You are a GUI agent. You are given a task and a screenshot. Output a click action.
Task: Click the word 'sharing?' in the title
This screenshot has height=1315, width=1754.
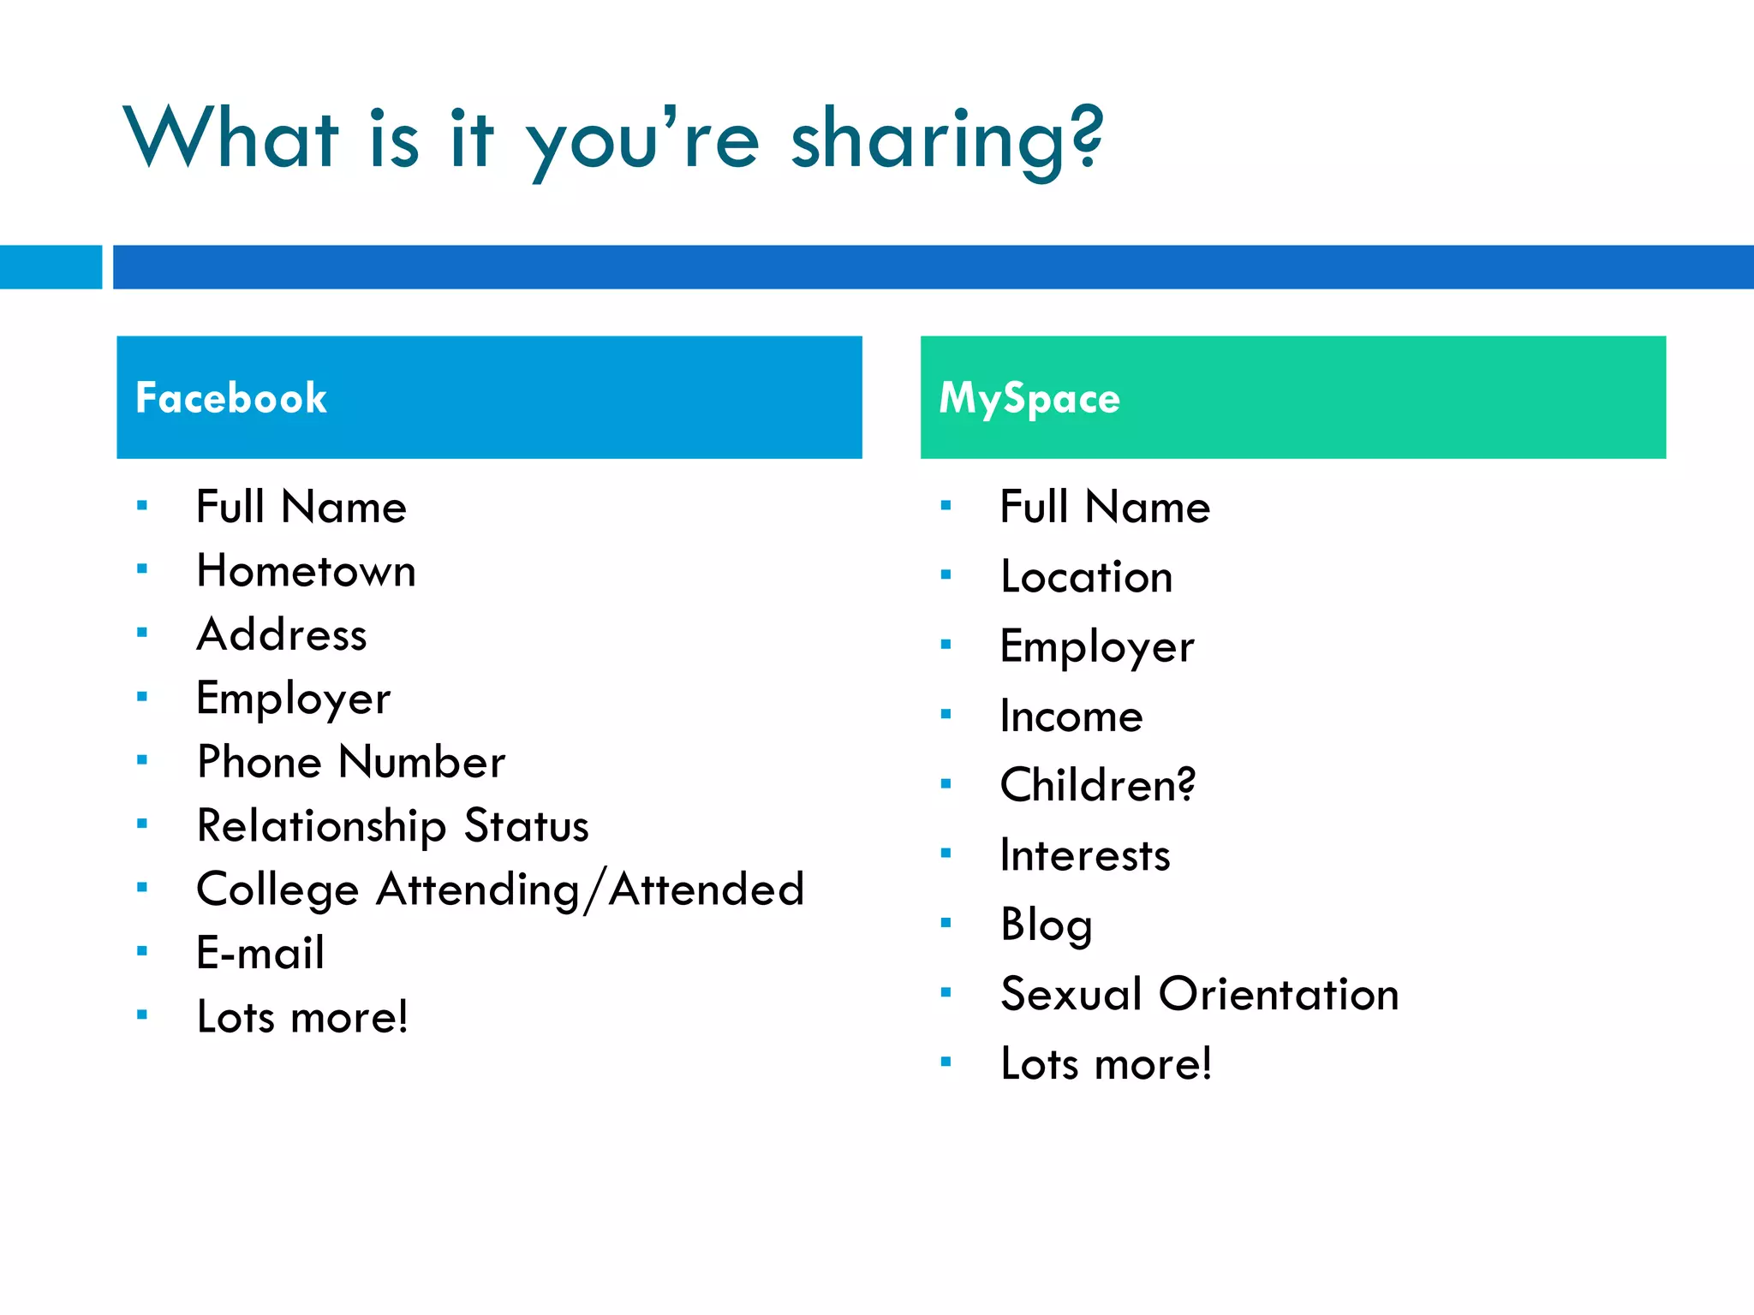point(946,141)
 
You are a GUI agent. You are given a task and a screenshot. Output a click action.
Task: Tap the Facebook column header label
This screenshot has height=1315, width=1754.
point(231,398)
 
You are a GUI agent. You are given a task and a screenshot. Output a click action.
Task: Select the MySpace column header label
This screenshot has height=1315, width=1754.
point(1029,398)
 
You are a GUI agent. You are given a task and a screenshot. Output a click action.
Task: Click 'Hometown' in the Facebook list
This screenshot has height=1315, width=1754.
point(306,571)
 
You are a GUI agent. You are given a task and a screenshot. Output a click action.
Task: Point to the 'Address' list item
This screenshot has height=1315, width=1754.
point(282,635)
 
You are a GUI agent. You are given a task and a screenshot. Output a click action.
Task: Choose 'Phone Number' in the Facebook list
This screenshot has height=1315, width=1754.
point(351,762)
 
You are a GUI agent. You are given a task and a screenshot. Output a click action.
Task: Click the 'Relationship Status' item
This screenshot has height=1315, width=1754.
point(392,826)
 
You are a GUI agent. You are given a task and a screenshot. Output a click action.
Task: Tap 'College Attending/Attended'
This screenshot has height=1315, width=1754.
point(500,890)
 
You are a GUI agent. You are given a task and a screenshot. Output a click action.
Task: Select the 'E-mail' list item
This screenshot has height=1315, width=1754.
point(260,953)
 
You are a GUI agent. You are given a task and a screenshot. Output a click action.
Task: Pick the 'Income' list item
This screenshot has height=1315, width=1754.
point(1071,716)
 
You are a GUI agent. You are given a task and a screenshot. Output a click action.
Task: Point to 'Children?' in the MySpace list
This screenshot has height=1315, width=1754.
point(1097,785)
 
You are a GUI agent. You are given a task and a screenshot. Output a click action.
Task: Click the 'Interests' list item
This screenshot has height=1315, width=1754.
point(1085,855)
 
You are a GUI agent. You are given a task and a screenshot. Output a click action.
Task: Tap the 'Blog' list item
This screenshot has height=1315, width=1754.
point(1047,925)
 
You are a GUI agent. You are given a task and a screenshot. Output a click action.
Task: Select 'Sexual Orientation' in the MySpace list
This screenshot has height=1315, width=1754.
point(1199,994)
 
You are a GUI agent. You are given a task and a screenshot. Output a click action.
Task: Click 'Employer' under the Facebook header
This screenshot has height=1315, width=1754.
point(293,699)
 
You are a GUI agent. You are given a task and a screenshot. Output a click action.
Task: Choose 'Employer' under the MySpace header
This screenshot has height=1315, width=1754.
point(1097,646)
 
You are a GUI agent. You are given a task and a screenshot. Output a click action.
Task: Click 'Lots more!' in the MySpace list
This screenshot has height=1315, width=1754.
point(1106,1064)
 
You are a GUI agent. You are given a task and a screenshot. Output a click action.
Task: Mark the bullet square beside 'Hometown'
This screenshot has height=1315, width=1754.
point(142,568)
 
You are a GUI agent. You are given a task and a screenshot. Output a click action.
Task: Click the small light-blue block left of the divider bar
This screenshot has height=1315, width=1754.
point(51,267)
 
